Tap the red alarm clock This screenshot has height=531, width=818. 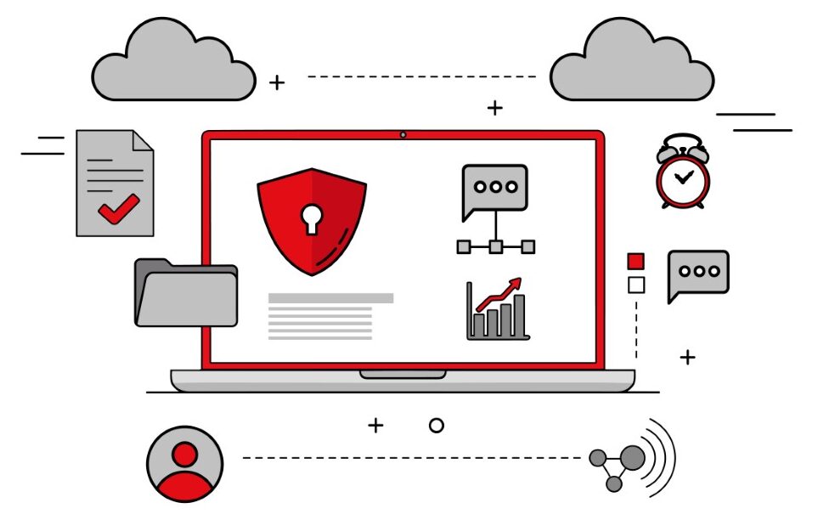pos(682,173)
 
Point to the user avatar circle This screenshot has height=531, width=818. pos(184,464)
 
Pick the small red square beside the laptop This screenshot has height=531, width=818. pos(635,261)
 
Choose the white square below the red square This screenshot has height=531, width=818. pos(635,285)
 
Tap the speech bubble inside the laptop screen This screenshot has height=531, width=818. pos(494,189)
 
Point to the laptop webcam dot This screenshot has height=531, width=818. pos(403,134)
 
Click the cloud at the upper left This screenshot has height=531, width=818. pos(174,63)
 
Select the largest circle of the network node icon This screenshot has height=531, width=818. pos(632,458)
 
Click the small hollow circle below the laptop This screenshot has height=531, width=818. pos(436,426)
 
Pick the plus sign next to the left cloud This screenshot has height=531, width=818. pos(277,82)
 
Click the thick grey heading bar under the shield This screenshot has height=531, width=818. pos(330,298)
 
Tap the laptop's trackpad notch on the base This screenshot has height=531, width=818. pos(403,374)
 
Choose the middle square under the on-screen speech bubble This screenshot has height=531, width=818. pos(495,246)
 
